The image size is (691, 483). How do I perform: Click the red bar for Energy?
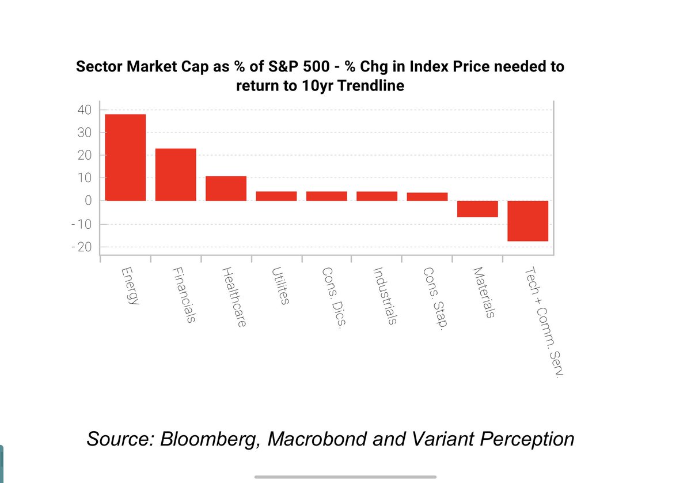point(125,157)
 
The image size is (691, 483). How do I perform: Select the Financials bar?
point(176,175)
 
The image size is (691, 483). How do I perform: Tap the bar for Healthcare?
point(226,188)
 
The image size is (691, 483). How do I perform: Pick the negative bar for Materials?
point(477,209)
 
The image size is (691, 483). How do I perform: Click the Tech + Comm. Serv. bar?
point(527,221)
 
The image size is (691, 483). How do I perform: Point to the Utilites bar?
point(276,196)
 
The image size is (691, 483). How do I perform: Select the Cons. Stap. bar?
point(427,197)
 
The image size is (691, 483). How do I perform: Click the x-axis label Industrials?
point(384,296)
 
